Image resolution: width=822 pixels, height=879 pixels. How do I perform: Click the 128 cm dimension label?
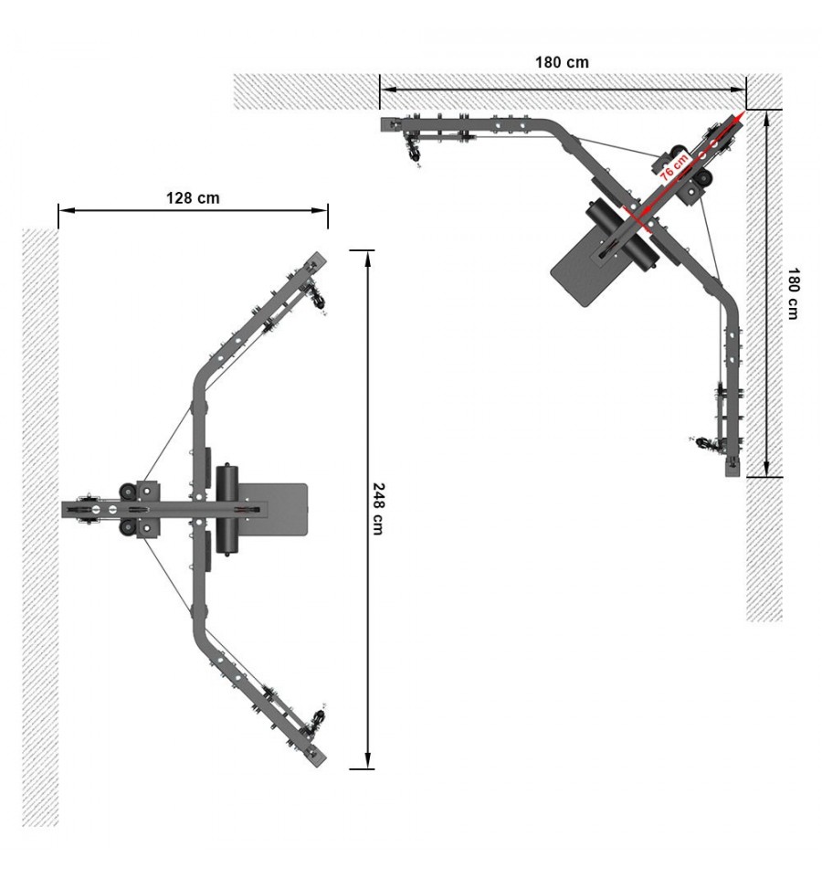(x=193, y=198)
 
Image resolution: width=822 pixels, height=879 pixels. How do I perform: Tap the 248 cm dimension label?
(x=378, y=509)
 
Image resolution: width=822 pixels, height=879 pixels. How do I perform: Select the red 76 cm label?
(x=673, y=166)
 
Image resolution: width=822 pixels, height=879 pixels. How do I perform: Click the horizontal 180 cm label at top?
(x=562, y=62)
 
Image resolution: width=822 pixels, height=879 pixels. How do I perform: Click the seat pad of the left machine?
(x=275, y=509)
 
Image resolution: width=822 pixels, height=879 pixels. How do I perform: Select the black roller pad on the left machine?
(x=227, y=509)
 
